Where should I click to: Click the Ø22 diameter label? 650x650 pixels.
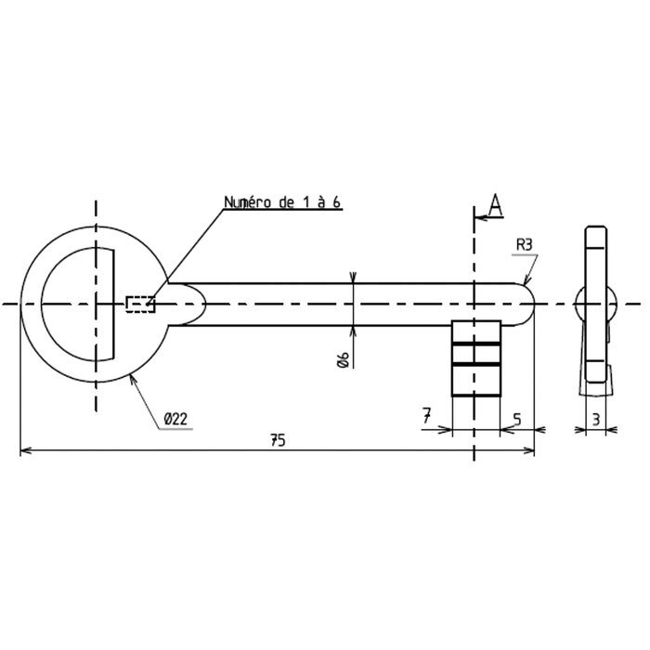click(175, 419)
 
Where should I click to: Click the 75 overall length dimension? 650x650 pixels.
click(278, 440)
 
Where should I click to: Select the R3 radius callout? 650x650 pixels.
click(524, 245)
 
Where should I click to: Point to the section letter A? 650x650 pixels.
click(496, 205)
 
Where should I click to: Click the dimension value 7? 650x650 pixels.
click(427, 415)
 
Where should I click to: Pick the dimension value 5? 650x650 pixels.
click(516, 420)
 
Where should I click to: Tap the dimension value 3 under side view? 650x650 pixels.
click(596, 420)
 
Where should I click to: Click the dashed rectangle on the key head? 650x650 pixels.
click(140, 305)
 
